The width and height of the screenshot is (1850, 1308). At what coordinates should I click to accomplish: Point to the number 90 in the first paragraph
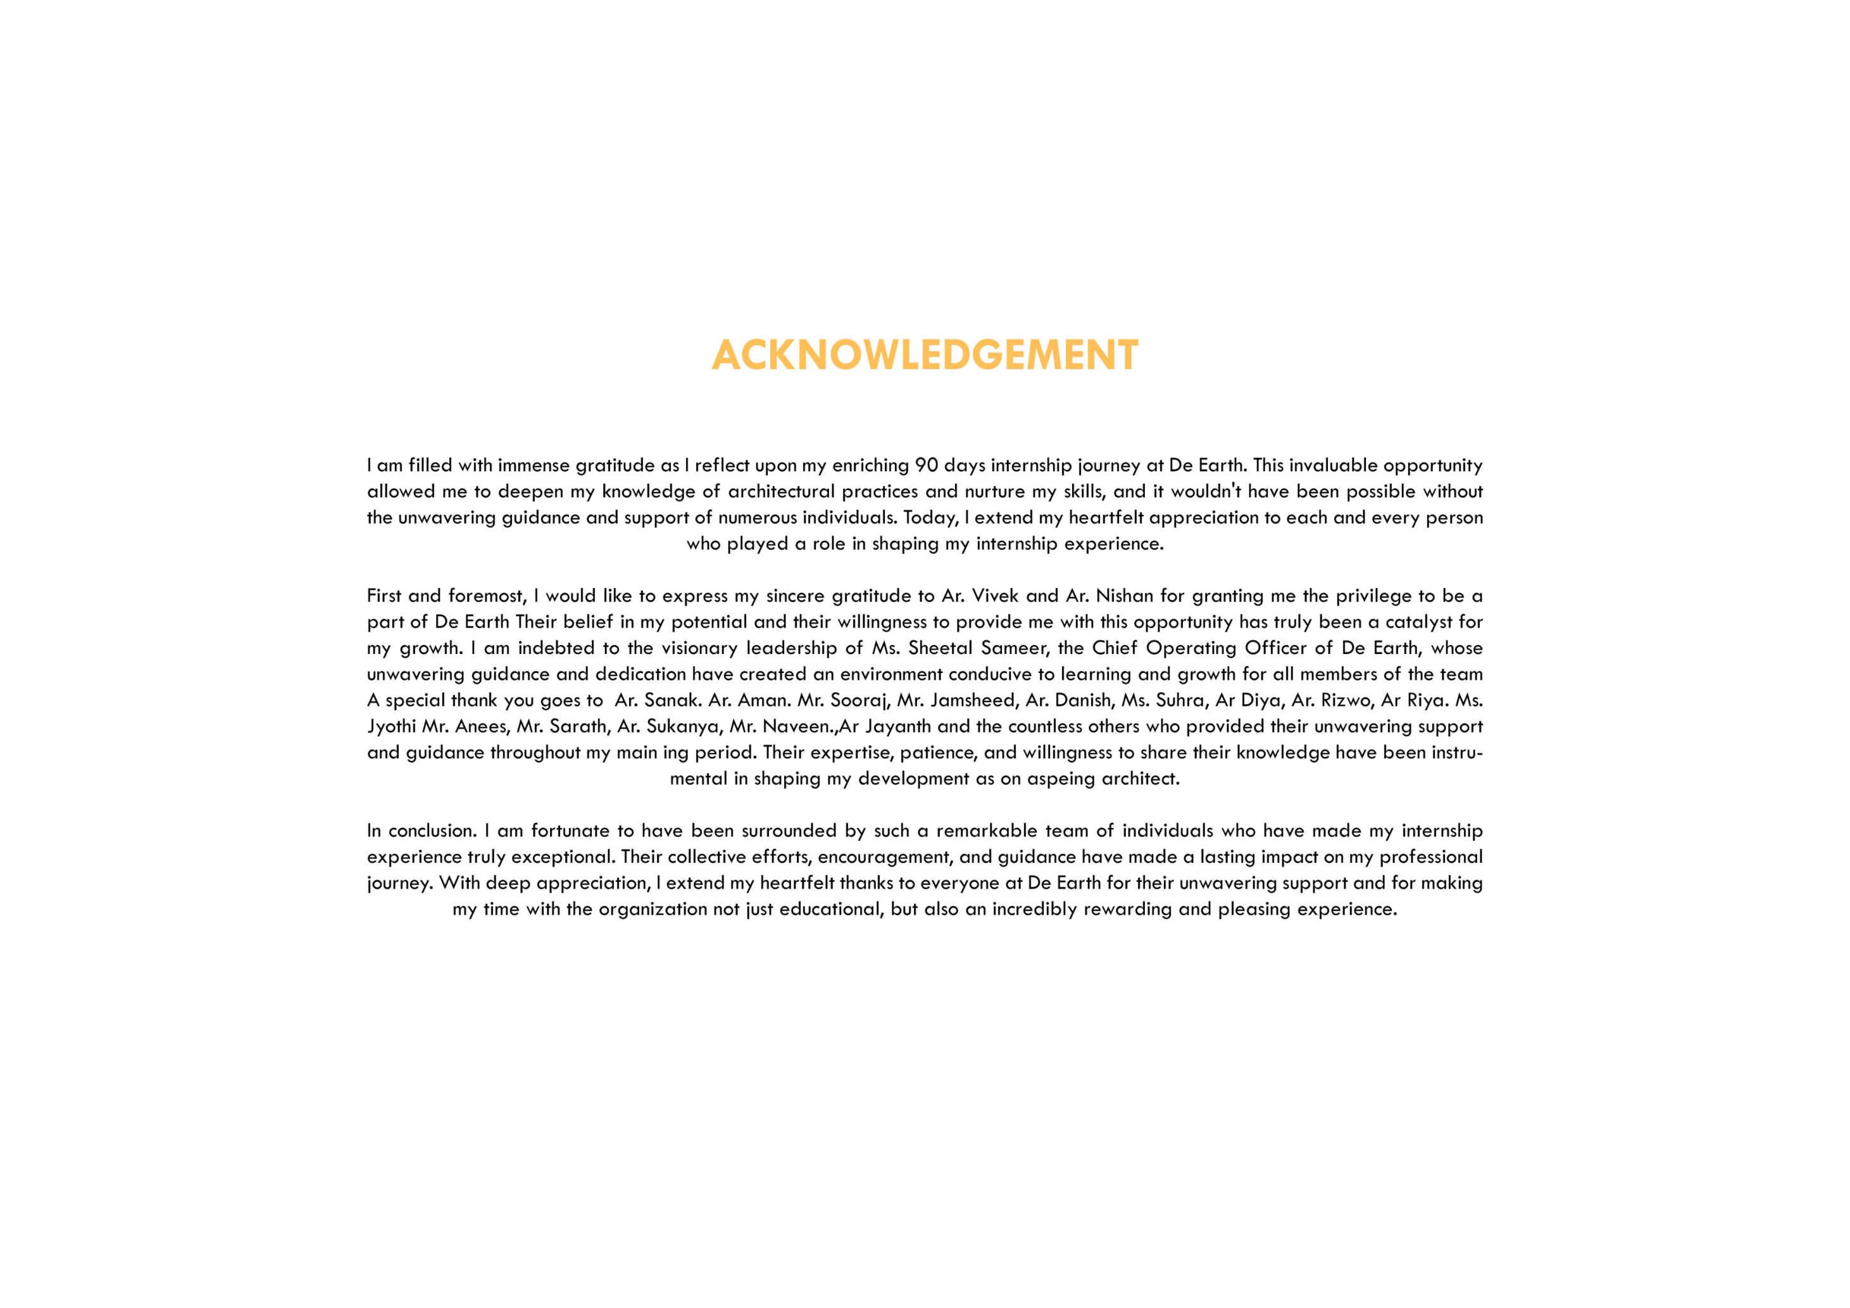[926, 466]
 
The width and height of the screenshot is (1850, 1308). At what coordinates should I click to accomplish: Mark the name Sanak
[671, 700]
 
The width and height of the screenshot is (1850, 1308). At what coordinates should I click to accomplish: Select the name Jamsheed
[973, 700]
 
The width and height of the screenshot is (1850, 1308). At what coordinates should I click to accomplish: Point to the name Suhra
[1180, 700]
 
